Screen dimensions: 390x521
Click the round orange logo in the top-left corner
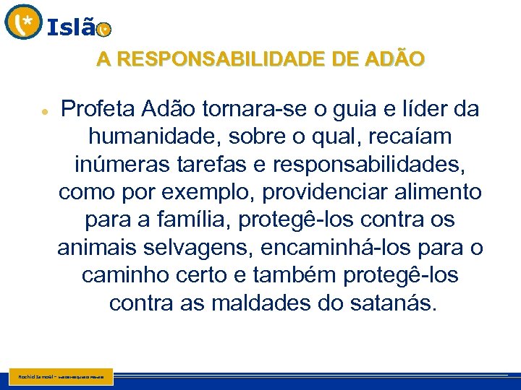point(23,22)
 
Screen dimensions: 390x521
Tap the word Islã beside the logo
point(71,27)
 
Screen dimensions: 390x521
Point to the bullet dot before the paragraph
point(45,114)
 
